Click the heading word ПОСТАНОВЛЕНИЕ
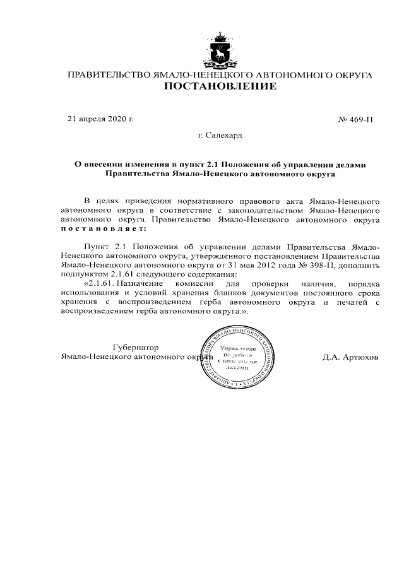pos(220,87)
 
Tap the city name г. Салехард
pos(220,135)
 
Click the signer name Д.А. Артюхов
pos(350,357)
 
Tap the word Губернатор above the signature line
pos(135,348)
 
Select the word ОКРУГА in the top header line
pos(352,75)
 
